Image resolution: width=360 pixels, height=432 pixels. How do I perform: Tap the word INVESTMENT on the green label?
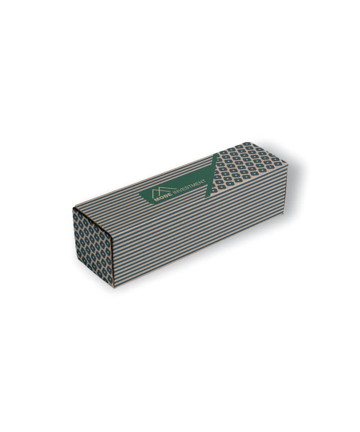(x=189, y=187)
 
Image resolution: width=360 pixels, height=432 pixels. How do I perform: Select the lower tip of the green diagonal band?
(x=206, y=198)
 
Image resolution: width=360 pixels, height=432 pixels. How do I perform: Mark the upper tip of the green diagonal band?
(x=217, y=153)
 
